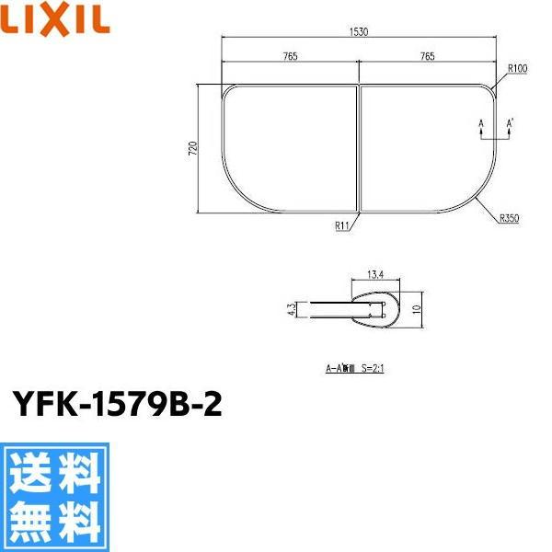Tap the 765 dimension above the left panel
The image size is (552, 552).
[x=289, y=57]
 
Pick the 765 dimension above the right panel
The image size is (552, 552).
[x=427, y=57]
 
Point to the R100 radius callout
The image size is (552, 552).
[x=516, y=69]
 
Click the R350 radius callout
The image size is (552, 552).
[x=510, y=219]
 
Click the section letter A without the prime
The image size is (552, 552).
[x=480, y=121]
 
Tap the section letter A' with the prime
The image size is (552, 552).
[x=512, y=121]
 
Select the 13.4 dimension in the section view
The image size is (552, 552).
[x=374, y=273]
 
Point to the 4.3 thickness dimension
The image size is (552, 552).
[x=291, y=310]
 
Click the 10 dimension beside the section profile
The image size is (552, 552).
[x=415, y=310]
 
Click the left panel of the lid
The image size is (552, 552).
[x=287, y=147]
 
